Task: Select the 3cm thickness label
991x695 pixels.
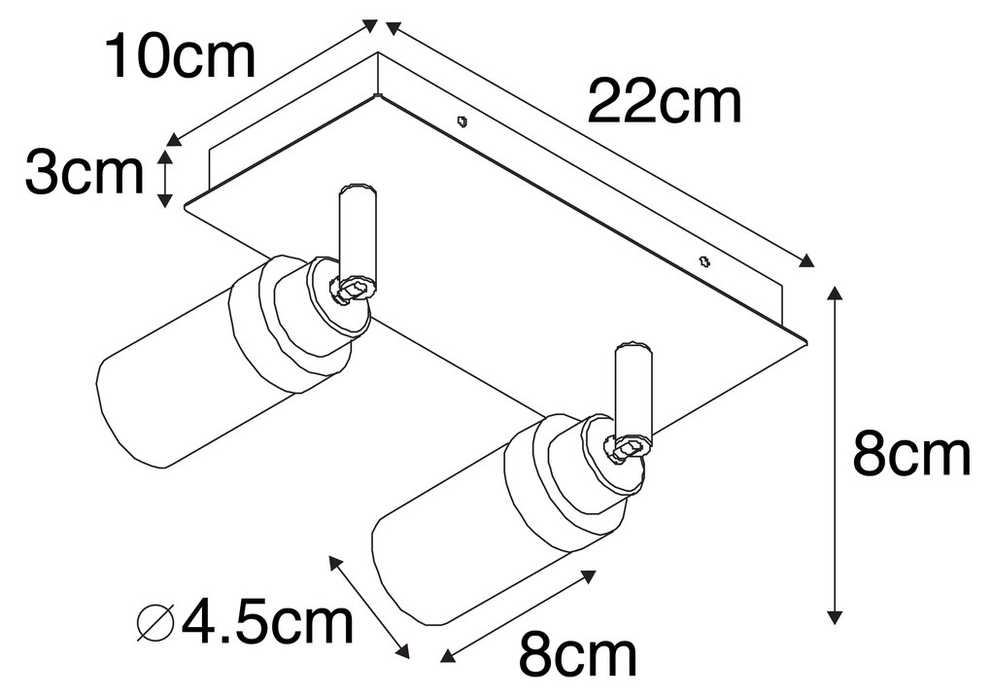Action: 84,175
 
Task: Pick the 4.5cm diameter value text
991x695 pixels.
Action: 267,622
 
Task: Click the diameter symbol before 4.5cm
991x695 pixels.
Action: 156,623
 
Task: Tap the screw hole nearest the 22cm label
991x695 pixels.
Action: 462,122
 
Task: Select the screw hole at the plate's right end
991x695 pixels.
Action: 705,260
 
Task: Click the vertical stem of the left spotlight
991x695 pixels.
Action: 355,231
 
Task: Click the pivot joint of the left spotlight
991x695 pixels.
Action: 352,288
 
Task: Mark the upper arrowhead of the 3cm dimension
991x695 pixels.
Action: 165,156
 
